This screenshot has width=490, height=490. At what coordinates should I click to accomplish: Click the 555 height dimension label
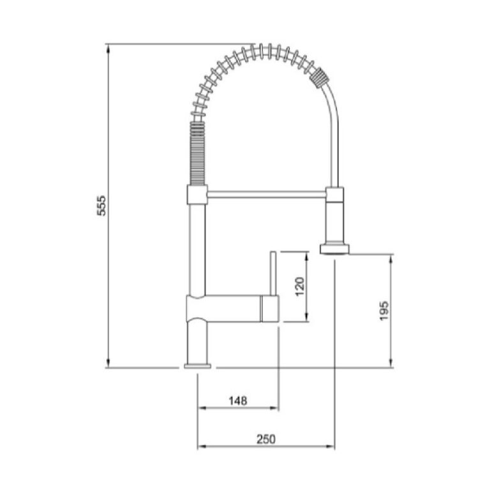(101, 205)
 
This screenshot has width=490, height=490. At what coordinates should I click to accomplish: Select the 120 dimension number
(299, 286)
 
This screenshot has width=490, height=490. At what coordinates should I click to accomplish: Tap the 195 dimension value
(384, 311)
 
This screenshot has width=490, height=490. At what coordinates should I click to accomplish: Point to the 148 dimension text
(238, 401)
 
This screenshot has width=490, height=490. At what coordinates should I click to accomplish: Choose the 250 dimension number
(266, 440)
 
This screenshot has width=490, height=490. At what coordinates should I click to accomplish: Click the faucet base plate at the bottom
(198, 366)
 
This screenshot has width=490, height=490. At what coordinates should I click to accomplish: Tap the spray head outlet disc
(334, 249)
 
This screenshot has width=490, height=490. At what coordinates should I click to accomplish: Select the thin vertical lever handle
(272, 273)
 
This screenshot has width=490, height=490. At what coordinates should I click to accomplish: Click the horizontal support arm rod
(267, 195)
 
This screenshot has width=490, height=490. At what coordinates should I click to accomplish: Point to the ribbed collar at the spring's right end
(320, 77)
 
